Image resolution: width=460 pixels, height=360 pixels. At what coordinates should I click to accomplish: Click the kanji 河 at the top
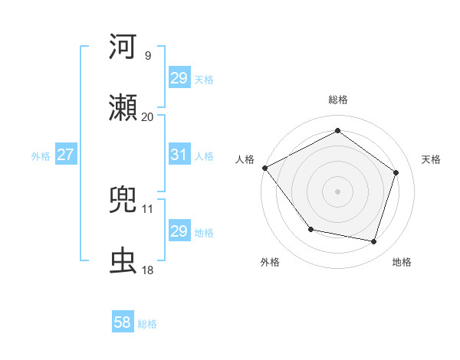tap(125, 47)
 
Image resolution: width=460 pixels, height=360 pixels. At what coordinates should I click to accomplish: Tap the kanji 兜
tap(125, 200)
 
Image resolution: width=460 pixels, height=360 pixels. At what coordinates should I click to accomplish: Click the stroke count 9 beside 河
tap(148, 56)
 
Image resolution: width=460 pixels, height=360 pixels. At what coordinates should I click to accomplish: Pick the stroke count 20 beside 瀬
tap(148, 117)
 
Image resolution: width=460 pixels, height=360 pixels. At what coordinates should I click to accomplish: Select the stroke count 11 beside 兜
tap(148, 208)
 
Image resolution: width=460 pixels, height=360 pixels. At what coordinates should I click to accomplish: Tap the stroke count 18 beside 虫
tap(148, 270)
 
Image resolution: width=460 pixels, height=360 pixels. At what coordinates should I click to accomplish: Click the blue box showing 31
tap(179, 155)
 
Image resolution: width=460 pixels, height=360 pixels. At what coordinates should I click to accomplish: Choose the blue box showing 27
tap(65, 155)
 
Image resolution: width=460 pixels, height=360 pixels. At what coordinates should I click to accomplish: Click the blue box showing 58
tap(122, 323)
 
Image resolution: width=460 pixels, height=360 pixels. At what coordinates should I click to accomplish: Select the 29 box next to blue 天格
tap(179, 78)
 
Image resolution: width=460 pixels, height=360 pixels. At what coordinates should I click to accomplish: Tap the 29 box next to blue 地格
tap(179, 231)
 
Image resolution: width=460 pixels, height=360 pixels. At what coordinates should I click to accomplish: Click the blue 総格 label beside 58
tap(147, 324)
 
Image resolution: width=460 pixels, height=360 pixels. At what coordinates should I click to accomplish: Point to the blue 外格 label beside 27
tap(41, 155)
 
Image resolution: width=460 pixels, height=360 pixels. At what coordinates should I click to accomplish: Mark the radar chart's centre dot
tap(337, 191)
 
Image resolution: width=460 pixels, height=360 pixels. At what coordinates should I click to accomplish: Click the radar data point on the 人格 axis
tap(264, 168)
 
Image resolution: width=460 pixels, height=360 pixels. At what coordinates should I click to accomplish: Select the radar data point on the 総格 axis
tap(337, 131)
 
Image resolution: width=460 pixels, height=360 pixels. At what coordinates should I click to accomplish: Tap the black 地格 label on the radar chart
tap(402, 262)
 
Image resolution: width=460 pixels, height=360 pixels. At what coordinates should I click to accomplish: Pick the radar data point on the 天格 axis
tap(396, 172)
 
